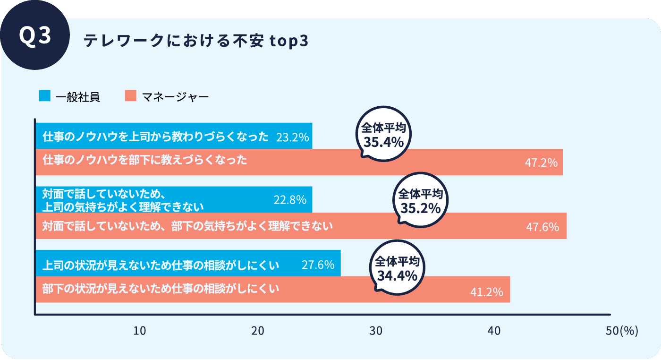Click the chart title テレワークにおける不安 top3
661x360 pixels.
(196, 42)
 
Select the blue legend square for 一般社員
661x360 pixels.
(45, 96)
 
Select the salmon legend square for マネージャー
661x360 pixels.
(131, 96)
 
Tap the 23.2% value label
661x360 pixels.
(292, 137)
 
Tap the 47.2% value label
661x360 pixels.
(541, 163)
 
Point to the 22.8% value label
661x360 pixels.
(290, 200)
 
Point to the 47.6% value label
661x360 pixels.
(542, 227)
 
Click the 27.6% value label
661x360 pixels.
(318, 265)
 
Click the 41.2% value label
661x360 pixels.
(487, 292)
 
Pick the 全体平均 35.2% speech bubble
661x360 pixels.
(420, 201)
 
